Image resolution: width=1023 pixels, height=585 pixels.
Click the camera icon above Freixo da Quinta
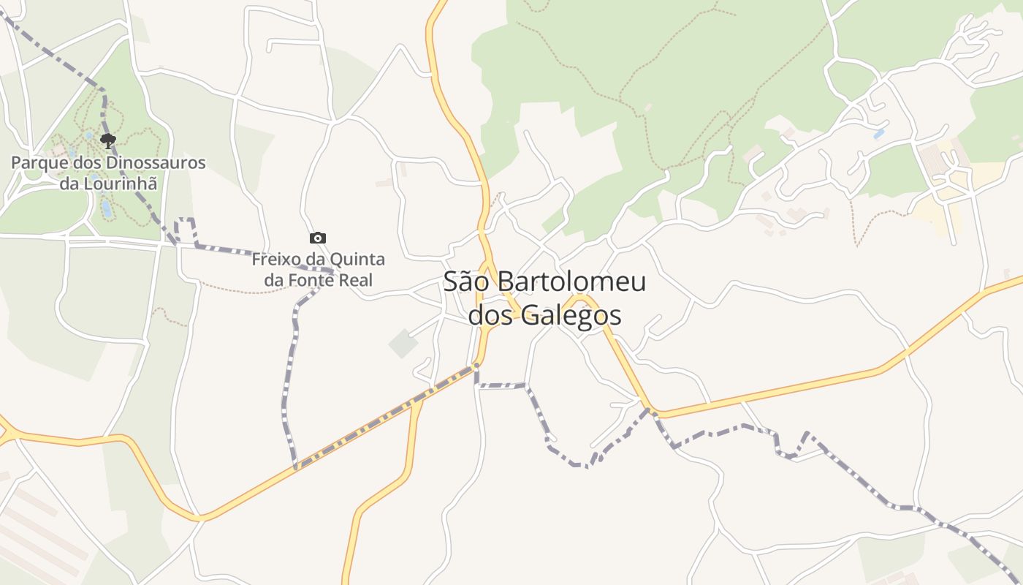click(x=318, y=238)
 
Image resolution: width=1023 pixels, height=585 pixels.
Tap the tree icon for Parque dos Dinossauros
click(x=108, y=140)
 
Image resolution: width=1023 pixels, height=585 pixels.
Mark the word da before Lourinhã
click(x=69, y=183)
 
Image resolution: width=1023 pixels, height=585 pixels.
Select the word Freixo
click(x=275, y=260)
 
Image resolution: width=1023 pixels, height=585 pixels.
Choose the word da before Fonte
click(x=274, y=280)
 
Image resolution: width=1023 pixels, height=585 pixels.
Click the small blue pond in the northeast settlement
click(x=879, y=134)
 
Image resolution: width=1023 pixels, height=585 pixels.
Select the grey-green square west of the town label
click(x=403, y=344)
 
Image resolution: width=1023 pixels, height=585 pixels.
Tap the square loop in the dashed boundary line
click(x=186, y=229)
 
